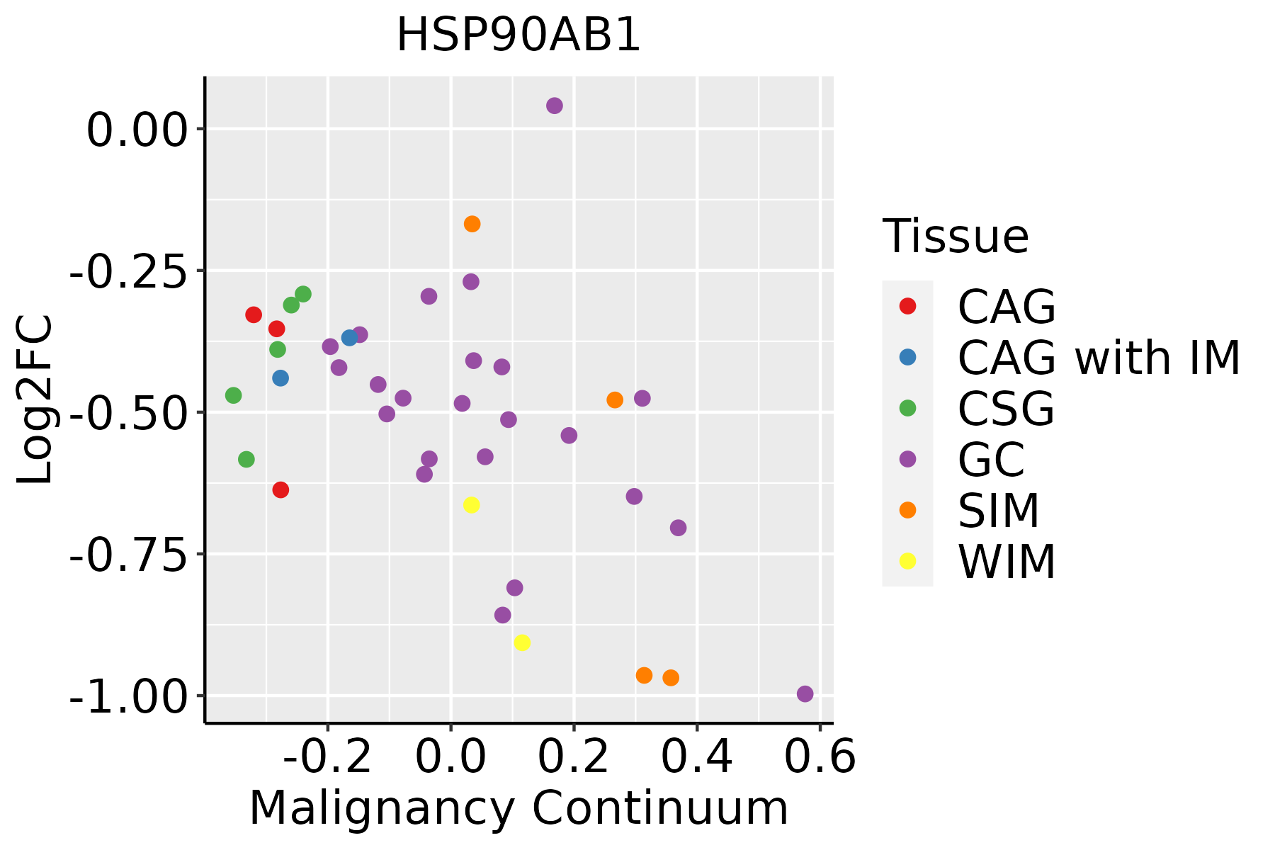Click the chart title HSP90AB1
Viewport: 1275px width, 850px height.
(518, 35)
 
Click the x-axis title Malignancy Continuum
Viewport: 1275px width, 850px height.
(518, 808)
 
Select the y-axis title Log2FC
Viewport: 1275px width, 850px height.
(35, 400)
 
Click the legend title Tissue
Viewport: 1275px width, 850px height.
(956, 237)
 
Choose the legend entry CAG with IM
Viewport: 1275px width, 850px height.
(1099, 358)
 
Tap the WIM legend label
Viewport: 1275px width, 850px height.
(1007, 562)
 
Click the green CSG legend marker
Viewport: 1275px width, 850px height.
(907, 408)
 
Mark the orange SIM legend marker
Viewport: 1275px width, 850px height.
(907, 510)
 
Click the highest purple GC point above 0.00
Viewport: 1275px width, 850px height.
(555, 106)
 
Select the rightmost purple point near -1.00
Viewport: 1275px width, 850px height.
(805, 693)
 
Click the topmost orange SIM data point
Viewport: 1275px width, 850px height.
(472, 224)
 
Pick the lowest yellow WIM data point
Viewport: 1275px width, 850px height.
(522, 642)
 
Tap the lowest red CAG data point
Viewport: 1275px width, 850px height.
(280, 489)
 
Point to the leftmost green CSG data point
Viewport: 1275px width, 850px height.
(233, 395)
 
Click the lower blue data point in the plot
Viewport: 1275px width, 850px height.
(280, 378)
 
